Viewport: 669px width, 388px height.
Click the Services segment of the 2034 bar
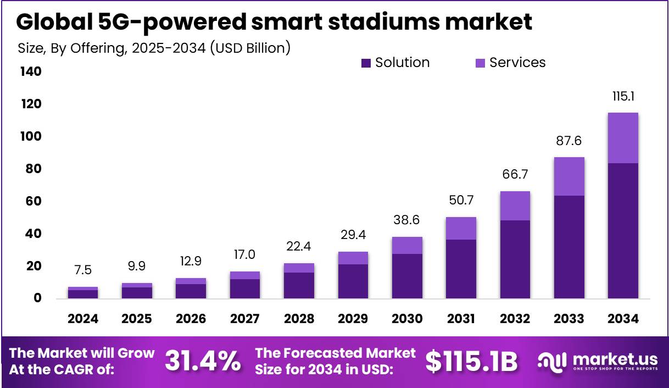pos(622,137)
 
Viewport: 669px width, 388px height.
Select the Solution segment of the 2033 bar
pos(568,247)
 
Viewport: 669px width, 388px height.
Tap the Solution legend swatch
pos(366,63)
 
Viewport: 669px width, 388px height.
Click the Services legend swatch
pos(480,63)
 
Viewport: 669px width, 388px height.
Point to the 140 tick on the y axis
pos(31,72)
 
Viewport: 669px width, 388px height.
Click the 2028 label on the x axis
pos(299,319)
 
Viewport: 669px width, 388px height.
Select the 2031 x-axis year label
pos(461,319)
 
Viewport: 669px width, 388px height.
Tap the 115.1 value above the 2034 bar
pos(623,97)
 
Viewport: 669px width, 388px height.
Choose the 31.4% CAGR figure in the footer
pos(203,361)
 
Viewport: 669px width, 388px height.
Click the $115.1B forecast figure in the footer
pos(472,361)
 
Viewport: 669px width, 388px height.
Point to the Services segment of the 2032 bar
pos(515,206)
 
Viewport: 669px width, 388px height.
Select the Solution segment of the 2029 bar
pos(353,281)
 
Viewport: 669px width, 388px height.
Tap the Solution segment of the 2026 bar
pos(191,291)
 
